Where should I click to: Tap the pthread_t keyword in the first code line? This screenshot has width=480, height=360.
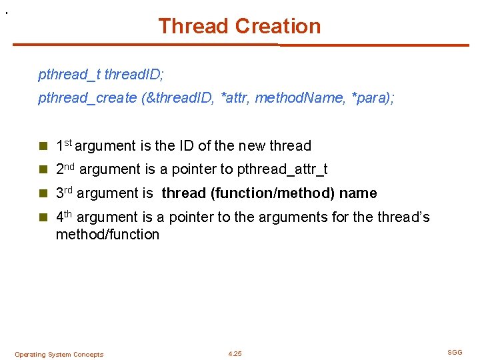(69, 75)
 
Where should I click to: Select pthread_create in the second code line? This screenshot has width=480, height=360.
(87, 98)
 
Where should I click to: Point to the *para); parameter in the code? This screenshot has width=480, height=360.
(371, 98)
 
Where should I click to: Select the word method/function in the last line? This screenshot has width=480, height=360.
(107, 234)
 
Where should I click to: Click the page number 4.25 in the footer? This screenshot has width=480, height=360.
(235, 354)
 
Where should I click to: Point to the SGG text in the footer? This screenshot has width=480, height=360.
(455, 352)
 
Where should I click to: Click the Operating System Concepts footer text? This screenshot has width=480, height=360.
(59, 355)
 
